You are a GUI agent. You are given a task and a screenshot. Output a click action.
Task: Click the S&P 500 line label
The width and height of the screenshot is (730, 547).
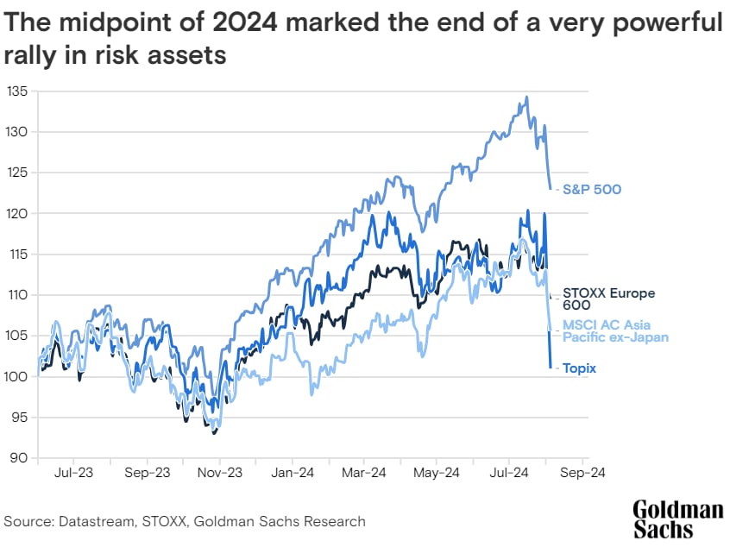click(x=592, y=189)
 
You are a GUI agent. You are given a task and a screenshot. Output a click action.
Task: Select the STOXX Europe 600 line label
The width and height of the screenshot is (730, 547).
click(x=601, y=299)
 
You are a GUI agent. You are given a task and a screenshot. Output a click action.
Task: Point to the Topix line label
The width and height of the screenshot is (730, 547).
click(x=580, y=368)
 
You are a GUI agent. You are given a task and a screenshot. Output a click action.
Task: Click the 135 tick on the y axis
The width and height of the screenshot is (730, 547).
click(x=17, y=91)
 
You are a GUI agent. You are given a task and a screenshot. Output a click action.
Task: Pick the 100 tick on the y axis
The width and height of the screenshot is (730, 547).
click(x=17, y=376)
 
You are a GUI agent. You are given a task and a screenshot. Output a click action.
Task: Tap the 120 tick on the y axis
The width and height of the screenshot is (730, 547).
click(x=17, y=213)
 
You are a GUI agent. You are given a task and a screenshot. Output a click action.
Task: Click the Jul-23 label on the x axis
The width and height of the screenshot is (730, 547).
click(x=74, y=473)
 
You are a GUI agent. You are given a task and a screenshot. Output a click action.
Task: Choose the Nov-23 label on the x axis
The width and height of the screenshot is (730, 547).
click(x=220, y=473)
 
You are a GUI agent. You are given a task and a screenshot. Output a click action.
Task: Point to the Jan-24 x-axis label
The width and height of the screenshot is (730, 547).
click(x=293, y=473)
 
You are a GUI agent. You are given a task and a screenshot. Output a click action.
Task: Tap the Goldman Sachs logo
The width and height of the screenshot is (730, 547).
click(x=677, y=518)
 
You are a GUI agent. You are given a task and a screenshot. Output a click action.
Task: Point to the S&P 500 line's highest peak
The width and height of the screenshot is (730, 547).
click(x=526, y=97)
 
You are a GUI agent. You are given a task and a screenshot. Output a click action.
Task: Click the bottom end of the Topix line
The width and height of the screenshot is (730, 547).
click(x=551, y=368)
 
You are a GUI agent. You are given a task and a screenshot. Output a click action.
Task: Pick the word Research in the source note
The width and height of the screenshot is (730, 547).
click(x=334, y=521)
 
